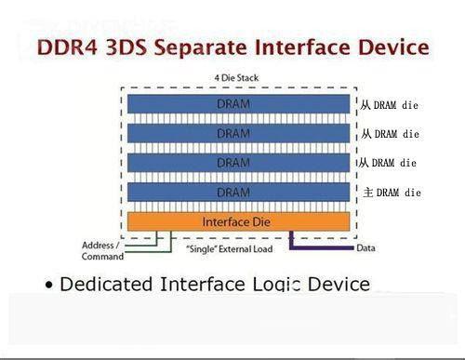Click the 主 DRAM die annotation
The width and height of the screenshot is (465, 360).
click(391, 193)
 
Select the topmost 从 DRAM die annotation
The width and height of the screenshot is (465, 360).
click(389, 105)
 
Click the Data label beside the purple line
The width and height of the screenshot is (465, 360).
click(365, 248)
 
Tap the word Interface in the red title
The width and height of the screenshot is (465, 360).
click(307, 46)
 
